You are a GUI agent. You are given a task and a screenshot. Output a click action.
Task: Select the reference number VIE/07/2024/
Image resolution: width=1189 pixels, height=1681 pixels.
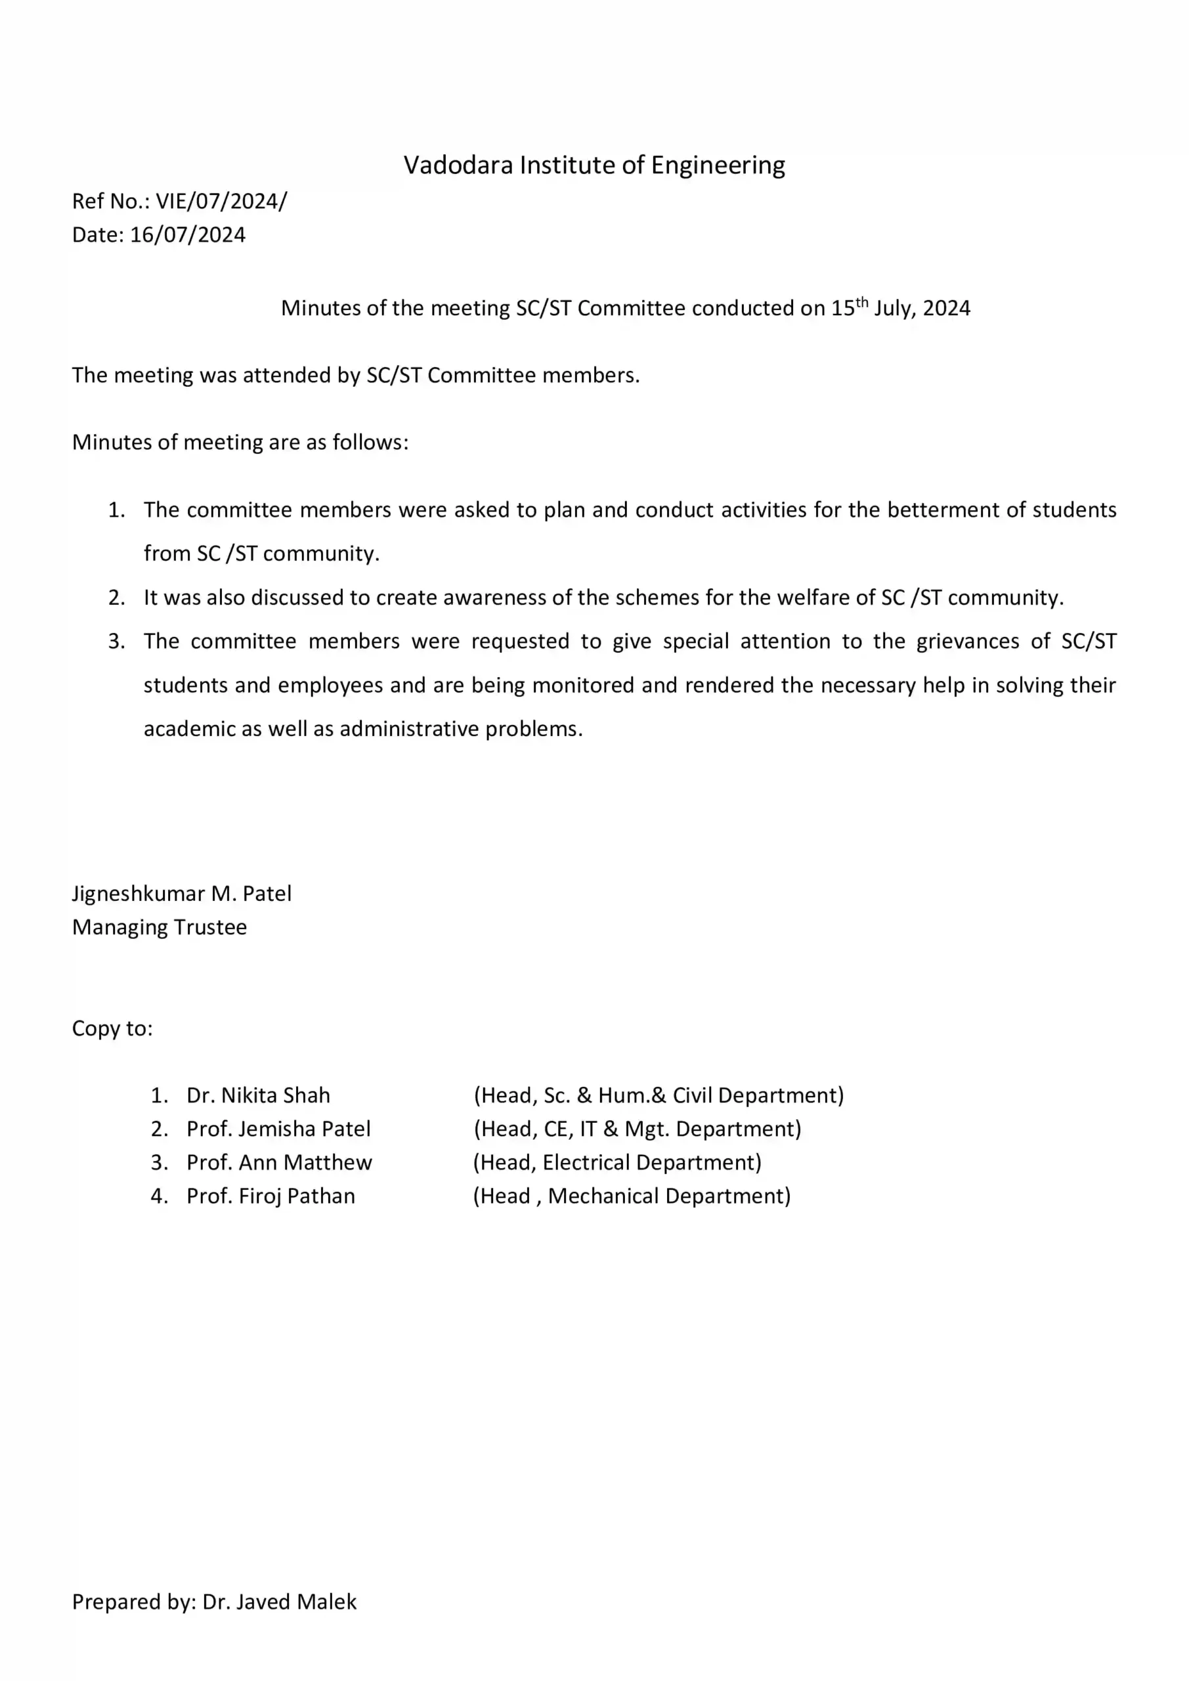221,202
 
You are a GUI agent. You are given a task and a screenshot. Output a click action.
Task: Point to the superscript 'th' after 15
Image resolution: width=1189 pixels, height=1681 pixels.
862,301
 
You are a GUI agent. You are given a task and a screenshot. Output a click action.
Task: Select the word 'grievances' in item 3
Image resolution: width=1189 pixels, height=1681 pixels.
968,642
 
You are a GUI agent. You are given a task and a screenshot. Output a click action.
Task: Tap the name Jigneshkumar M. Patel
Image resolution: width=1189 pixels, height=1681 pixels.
182,894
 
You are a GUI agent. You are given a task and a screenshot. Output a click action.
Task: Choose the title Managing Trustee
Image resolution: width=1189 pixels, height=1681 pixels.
159,928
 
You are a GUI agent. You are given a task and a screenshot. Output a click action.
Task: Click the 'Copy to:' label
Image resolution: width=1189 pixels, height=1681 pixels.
112,1029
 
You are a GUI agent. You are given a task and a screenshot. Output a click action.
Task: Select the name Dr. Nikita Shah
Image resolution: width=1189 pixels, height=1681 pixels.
258,1095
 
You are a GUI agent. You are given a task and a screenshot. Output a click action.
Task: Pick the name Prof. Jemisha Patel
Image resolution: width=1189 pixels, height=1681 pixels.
278,1129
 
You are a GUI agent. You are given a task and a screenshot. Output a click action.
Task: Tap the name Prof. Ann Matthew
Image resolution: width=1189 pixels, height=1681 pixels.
279,1163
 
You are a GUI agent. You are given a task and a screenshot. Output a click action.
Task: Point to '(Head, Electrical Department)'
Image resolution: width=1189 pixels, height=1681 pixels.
617,1163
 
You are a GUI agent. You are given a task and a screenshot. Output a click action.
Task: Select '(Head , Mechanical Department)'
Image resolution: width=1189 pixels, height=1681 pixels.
632,1196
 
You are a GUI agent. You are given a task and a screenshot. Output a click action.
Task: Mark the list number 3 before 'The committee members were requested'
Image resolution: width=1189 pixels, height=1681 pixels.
116,642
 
